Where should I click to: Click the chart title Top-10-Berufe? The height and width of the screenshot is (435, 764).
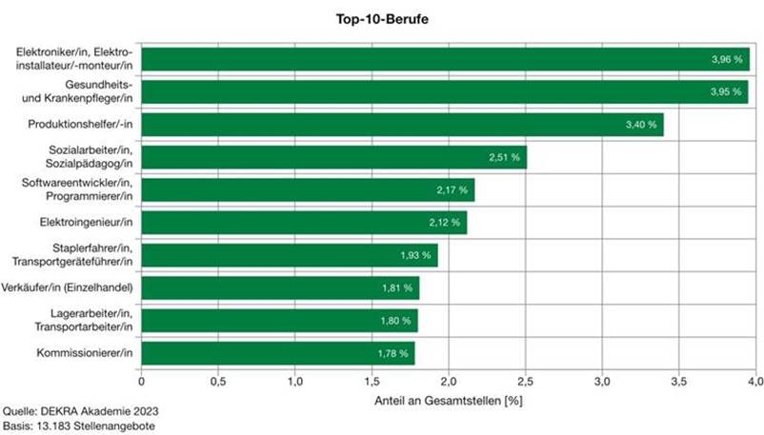click(x=381, y=18)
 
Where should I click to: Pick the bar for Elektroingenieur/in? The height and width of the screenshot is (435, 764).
click(x=304, y=223)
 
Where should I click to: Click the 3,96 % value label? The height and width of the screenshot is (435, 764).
click(x=725, y=59)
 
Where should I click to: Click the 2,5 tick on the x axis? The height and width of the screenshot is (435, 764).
click(x=448, y=381)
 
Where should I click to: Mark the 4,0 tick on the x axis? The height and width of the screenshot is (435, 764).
click(x=754, y=381)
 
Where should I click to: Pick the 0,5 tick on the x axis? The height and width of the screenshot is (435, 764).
click(x=217, y=381)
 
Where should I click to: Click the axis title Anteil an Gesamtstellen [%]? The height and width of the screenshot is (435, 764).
click(x=448, y=399)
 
